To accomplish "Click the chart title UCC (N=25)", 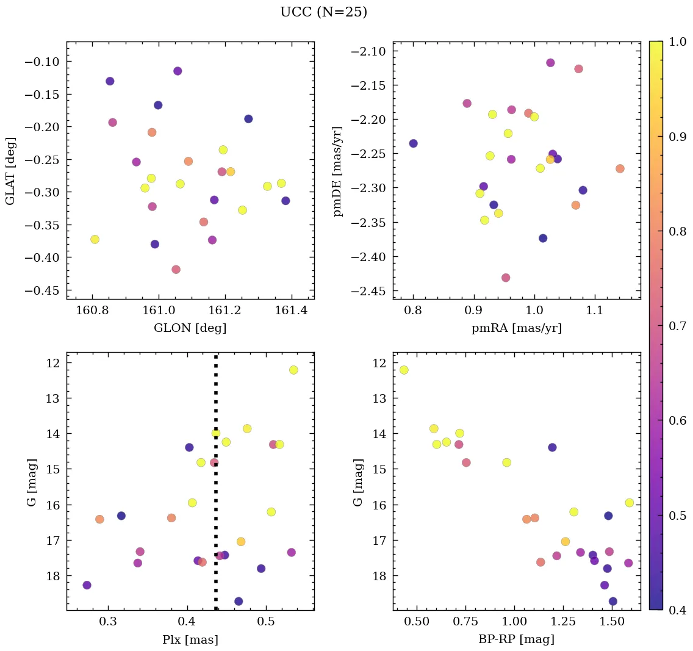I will (323, 12).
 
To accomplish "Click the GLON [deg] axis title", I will (190, 328).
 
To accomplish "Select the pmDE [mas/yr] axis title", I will (337, 171).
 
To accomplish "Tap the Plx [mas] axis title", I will (190, 639).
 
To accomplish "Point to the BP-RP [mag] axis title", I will (516, 639).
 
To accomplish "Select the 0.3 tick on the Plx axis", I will (109, 621).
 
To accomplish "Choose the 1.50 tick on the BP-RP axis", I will (611, 621).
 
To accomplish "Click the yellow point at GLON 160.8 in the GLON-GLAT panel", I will (95, 239).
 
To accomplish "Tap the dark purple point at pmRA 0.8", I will (413, 143).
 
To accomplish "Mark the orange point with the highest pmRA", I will (620, 168).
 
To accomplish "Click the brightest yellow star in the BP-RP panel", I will (404, 370).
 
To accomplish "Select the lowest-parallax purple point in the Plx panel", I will (87, 585).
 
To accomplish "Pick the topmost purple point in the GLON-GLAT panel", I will (178, 71).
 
